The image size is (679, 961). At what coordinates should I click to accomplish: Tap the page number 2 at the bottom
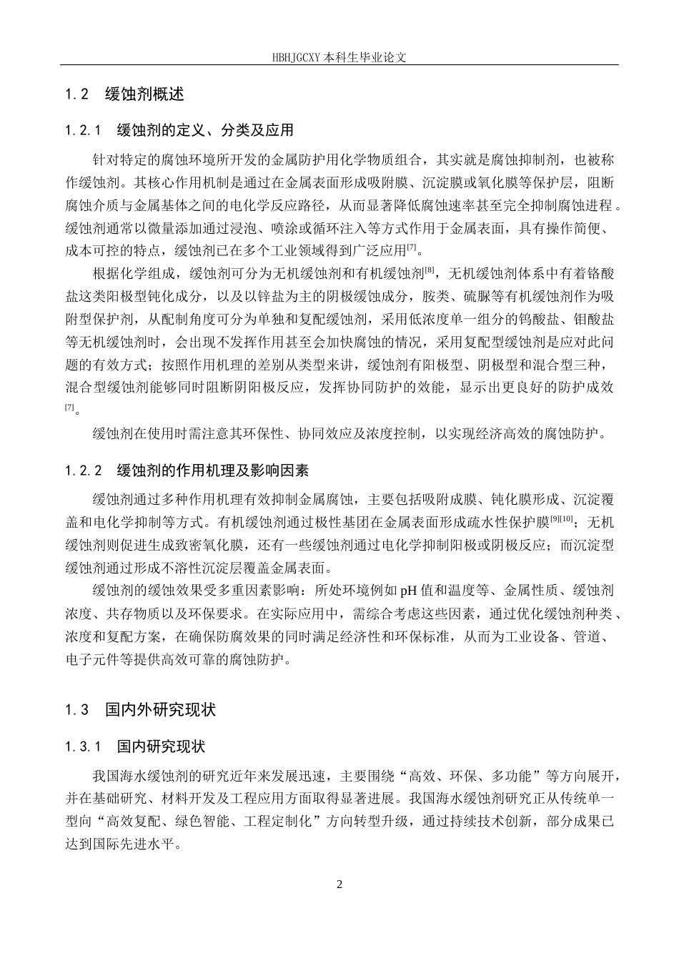(339, 884)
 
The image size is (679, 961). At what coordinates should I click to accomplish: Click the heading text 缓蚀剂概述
(144, 94)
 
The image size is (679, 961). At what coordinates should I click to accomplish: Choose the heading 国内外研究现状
(160, 710)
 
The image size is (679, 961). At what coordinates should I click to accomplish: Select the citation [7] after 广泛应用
(411, 247)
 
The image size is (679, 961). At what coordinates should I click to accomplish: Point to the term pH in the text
(407, 591)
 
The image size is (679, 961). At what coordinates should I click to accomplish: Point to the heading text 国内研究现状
(161, 746)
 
